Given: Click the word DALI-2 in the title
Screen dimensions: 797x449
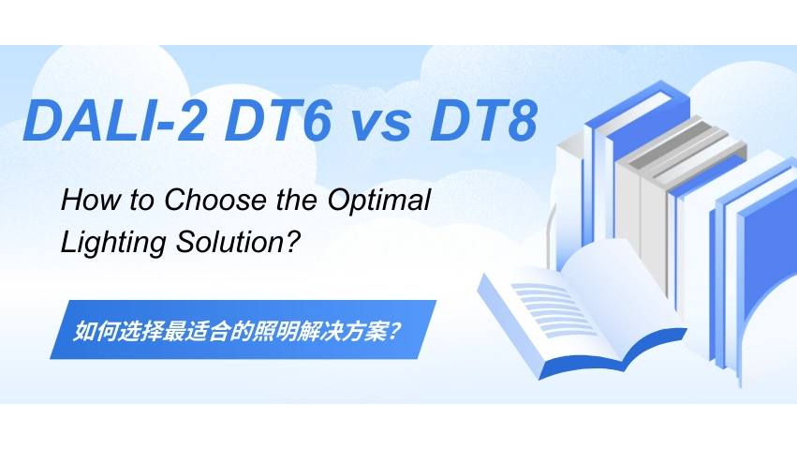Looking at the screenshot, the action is (114, 120).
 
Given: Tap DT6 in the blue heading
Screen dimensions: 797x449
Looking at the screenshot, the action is (278, 120).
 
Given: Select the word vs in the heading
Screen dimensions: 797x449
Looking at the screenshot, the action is (381, 126).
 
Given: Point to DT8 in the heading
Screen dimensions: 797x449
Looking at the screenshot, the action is (483, 120).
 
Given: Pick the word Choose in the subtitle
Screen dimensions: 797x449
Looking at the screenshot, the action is (215, 200).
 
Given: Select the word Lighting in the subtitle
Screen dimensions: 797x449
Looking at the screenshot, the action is (112, 243).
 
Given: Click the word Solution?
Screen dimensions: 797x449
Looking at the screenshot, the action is (236, 242).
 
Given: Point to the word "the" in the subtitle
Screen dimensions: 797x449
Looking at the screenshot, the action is (297, 200).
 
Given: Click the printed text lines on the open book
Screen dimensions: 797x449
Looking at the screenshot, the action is (554, 307).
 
